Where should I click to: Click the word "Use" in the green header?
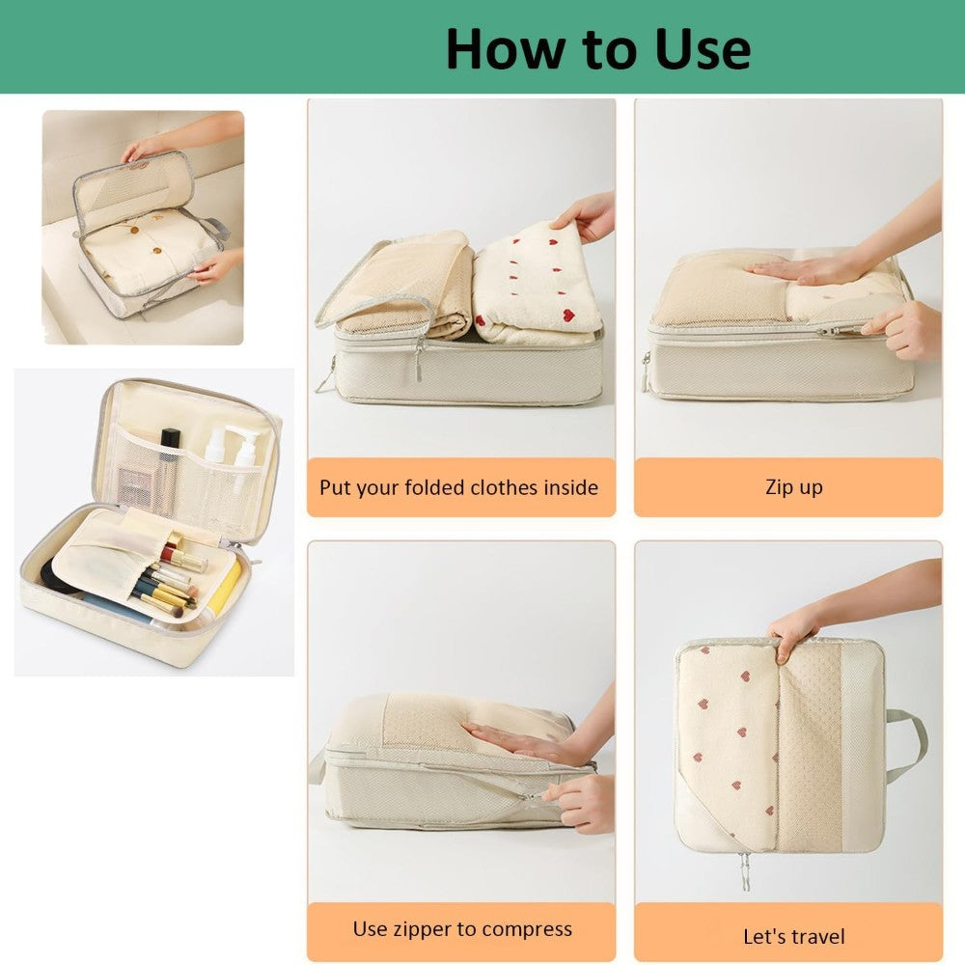702,49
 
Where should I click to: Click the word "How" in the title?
504,49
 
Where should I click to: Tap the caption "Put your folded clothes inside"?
458,487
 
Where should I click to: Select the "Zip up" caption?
794,486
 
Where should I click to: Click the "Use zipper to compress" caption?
462,928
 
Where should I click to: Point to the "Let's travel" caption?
794,936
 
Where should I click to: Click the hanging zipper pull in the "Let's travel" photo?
745,871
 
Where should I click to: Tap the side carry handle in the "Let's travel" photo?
906,740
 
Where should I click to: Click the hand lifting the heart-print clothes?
585,215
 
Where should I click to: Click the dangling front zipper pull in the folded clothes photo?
419,362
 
